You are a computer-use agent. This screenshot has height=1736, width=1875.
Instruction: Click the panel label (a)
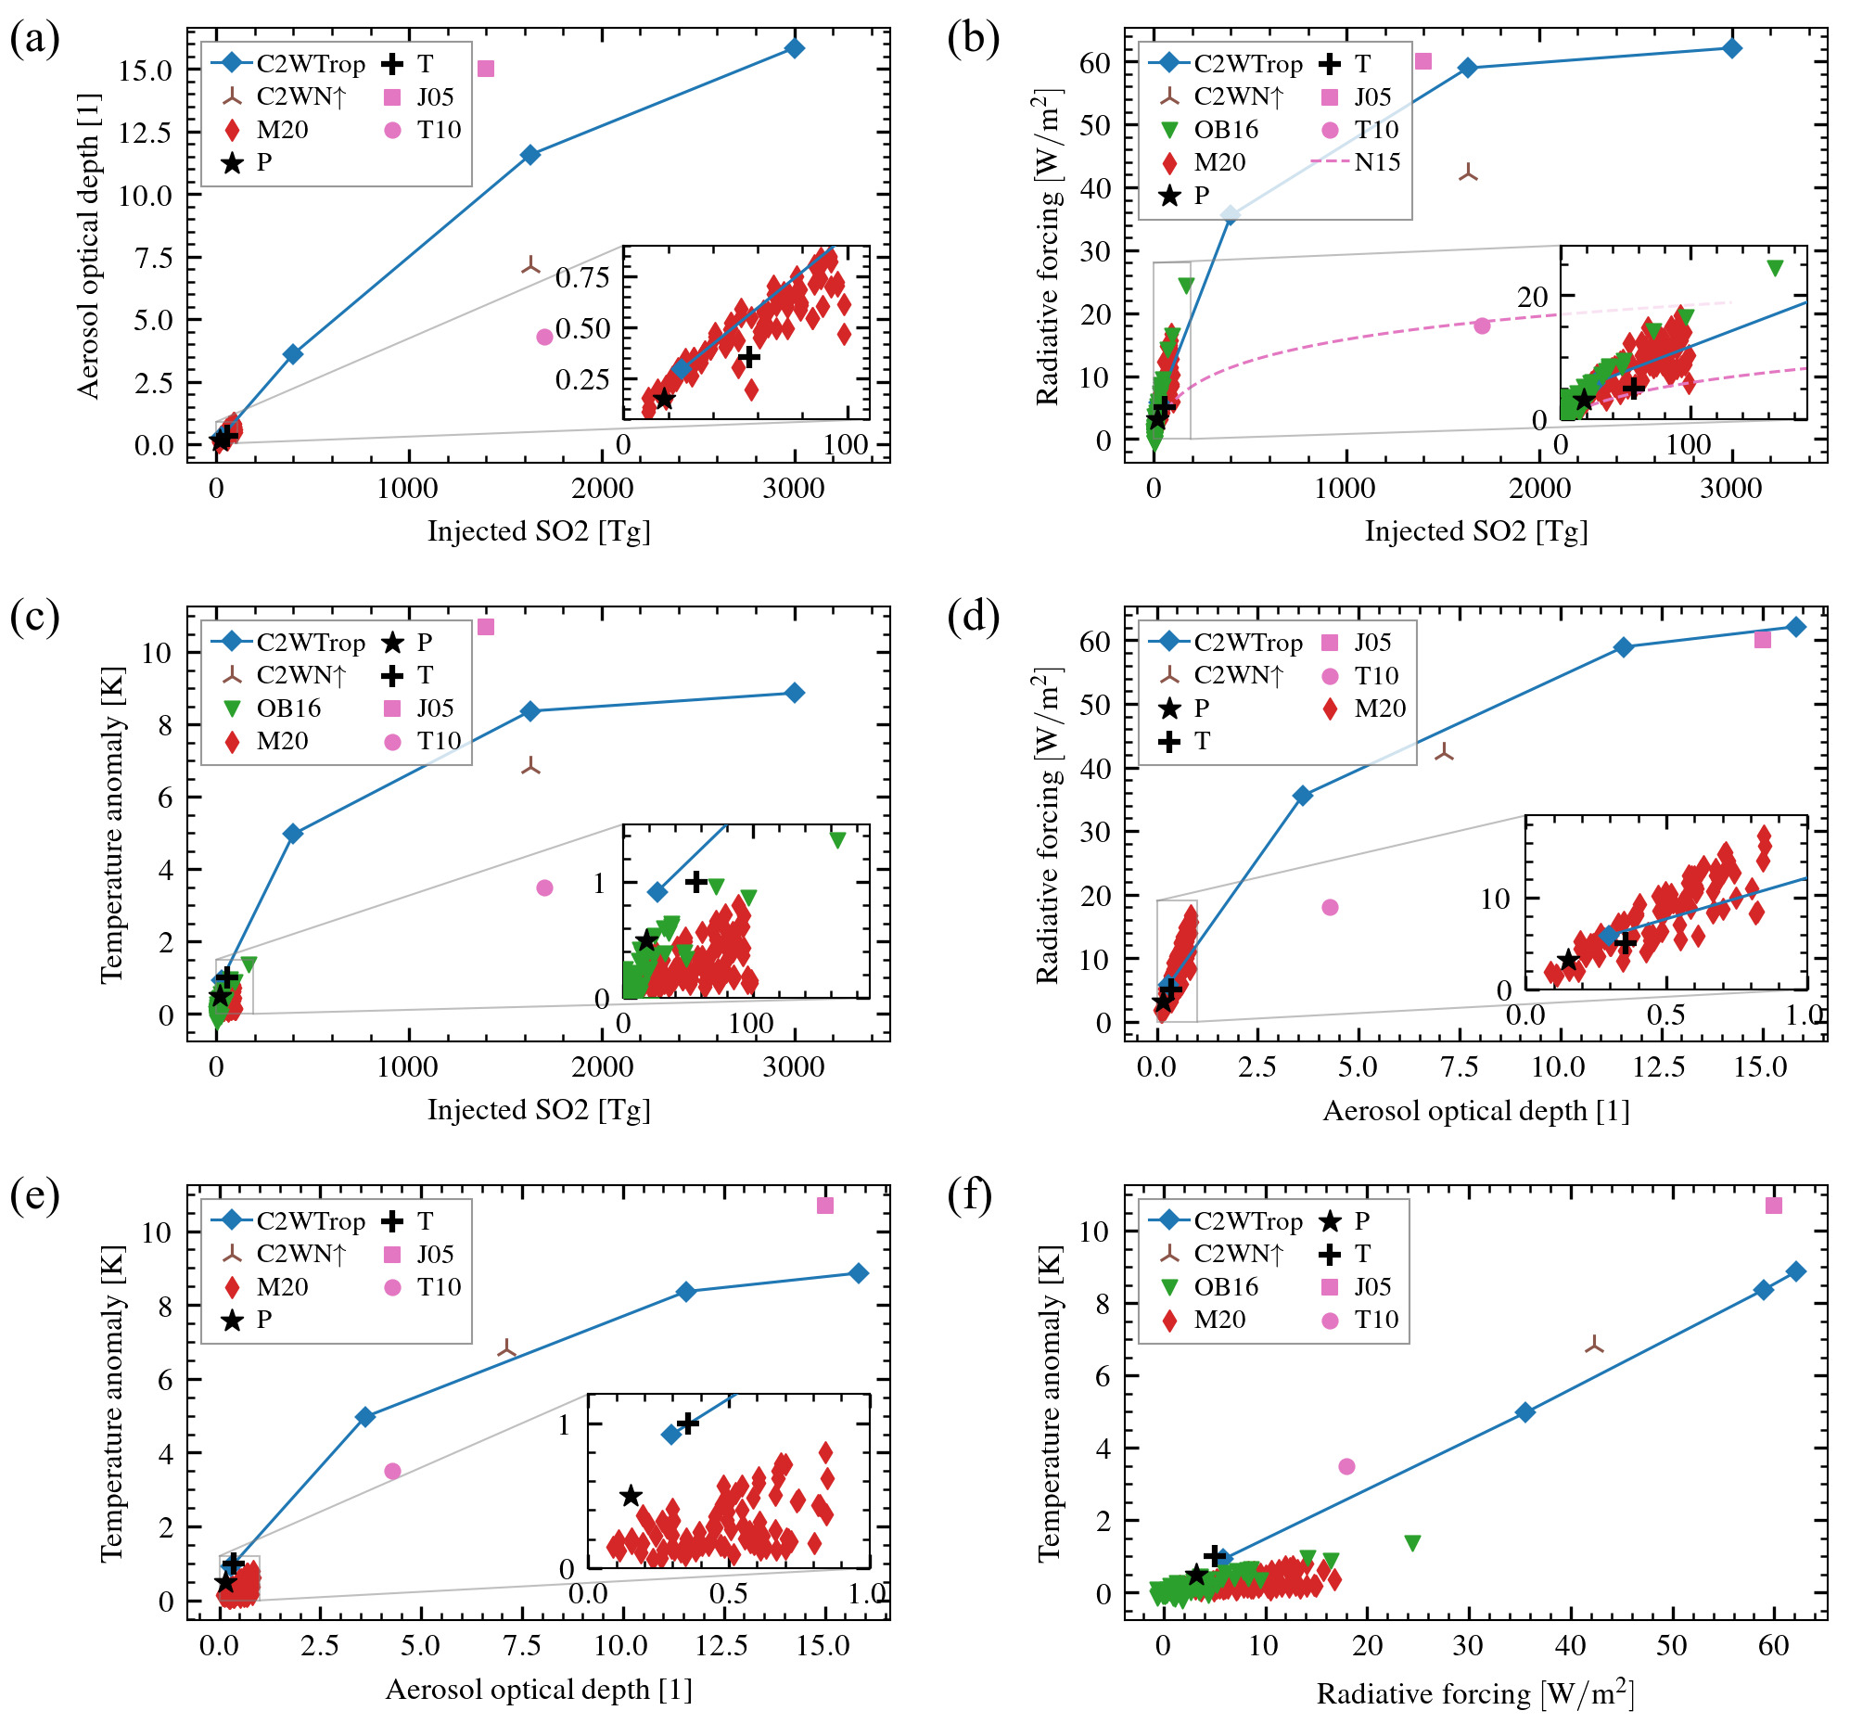pos(33,41)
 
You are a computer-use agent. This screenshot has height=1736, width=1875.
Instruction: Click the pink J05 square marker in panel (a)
pos(486,69)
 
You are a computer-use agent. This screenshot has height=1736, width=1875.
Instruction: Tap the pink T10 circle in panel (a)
pos(545,337)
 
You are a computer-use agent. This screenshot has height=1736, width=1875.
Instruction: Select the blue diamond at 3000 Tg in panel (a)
pos(795,48)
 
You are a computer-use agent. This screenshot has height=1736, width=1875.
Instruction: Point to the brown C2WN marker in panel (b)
pos(1468,172)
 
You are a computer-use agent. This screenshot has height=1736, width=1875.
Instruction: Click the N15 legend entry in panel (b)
pos(1357,162)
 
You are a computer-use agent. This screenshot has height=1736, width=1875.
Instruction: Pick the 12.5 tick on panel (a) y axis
pos(145,133)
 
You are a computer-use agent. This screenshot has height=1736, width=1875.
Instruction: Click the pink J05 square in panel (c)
pos(486,627)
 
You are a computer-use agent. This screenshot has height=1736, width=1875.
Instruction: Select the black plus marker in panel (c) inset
pos(695,881)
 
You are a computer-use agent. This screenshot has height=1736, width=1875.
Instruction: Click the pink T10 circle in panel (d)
pos(1330,908)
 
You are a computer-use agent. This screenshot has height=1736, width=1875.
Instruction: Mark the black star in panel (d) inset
pos(1568,960)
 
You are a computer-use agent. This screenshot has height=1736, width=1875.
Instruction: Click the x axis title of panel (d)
pos(1475,1111)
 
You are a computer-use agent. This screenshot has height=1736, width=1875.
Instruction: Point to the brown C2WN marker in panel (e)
pos(506,1349)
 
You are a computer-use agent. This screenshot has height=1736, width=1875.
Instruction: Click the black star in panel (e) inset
pos(631,1496)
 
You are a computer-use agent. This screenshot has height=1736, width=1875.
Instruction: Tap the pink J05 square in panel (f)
pos(1774,1206)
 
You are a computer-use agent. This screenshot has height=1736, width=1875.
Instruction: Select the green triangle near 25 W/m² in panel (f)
pos(1412,1543)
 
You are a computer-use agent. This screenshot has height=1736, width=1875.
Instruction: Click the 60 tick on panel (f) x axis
pos(1773,1645)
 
